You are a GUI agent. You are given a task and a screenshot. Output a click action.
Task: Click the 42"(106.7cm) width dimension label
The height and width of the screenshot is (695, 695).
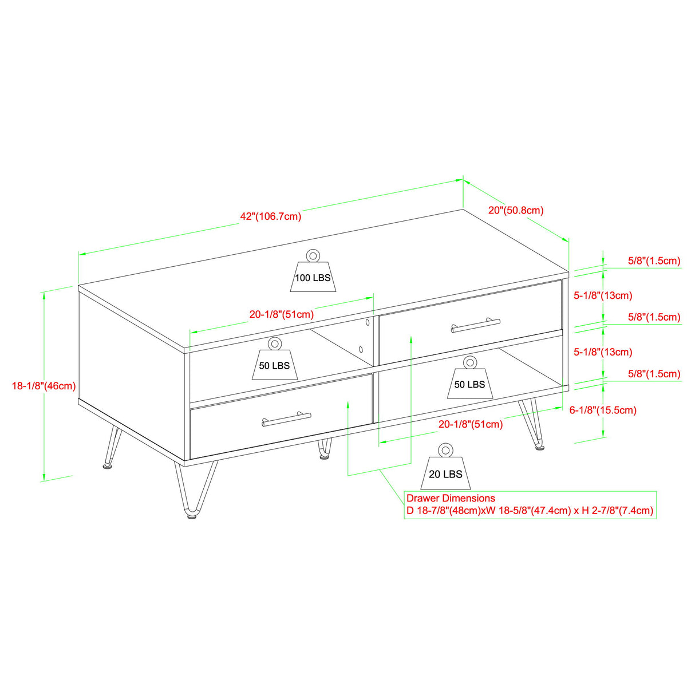[270, 216]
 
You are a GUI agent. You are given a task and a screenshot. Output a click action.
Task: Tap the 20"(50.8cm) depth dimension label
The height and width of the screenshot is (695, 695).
[515, 210]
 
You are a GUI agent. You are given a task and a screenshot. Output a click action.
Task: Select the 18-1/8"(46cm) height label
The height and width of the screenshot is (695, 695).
[44, 386]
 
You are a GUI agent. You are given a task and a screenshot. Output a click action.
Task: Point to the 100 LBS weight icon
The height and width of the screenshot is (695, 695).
[313, 273]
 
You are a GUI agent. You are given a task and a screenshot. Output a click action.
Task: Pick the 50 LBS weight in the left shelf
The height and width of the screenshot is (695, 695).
[275, 361]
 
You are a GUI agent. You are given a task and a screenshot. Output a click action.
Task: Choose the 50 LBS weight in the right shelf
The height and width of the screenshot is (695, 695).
[469, 379]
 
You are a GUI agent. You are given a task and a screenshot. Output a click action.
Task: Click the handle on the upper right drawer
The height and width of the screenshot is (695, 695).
[475, 326]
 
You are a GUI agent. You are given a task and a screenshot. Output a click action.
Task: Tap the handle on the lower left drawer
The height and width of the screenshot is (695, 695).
[286, 420]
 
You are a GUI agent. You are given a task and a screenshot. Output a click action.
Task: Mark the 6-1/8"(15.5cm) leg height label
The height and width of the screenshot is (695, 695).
[603, 410]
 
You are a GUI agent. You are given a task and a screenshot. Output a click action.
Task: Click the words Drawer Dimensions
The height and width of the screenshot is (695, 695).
[451, 498]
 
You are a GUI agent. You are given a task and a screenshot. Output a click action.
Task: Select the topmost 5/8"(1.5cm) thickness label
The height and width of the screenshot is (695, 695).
[654, 260]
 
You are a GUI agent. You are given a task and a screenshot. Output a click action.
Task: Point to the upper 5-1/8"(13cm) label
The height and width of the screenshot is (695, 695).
[603, 295]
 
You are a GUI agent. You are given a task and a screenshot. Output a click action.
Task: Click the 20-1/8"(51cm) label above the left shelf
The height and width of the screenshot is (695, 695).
[281, 314]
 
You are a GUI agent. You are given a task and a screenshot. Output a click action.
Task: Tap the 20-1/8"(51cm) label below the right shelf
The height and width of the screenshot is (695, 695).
[471, 424]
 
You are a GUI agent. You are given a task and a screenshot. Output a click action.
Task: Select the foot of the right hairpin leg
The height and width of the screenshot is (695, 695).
[539, 447]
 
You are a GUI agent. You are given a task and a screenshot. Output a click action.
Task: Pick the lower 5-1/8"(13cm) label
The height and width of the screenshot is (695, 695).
[603, 352]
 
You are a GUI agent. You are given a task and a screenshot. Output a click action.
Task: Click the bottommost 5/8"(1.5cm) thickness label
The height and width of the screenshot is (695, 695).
[654, 374]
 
